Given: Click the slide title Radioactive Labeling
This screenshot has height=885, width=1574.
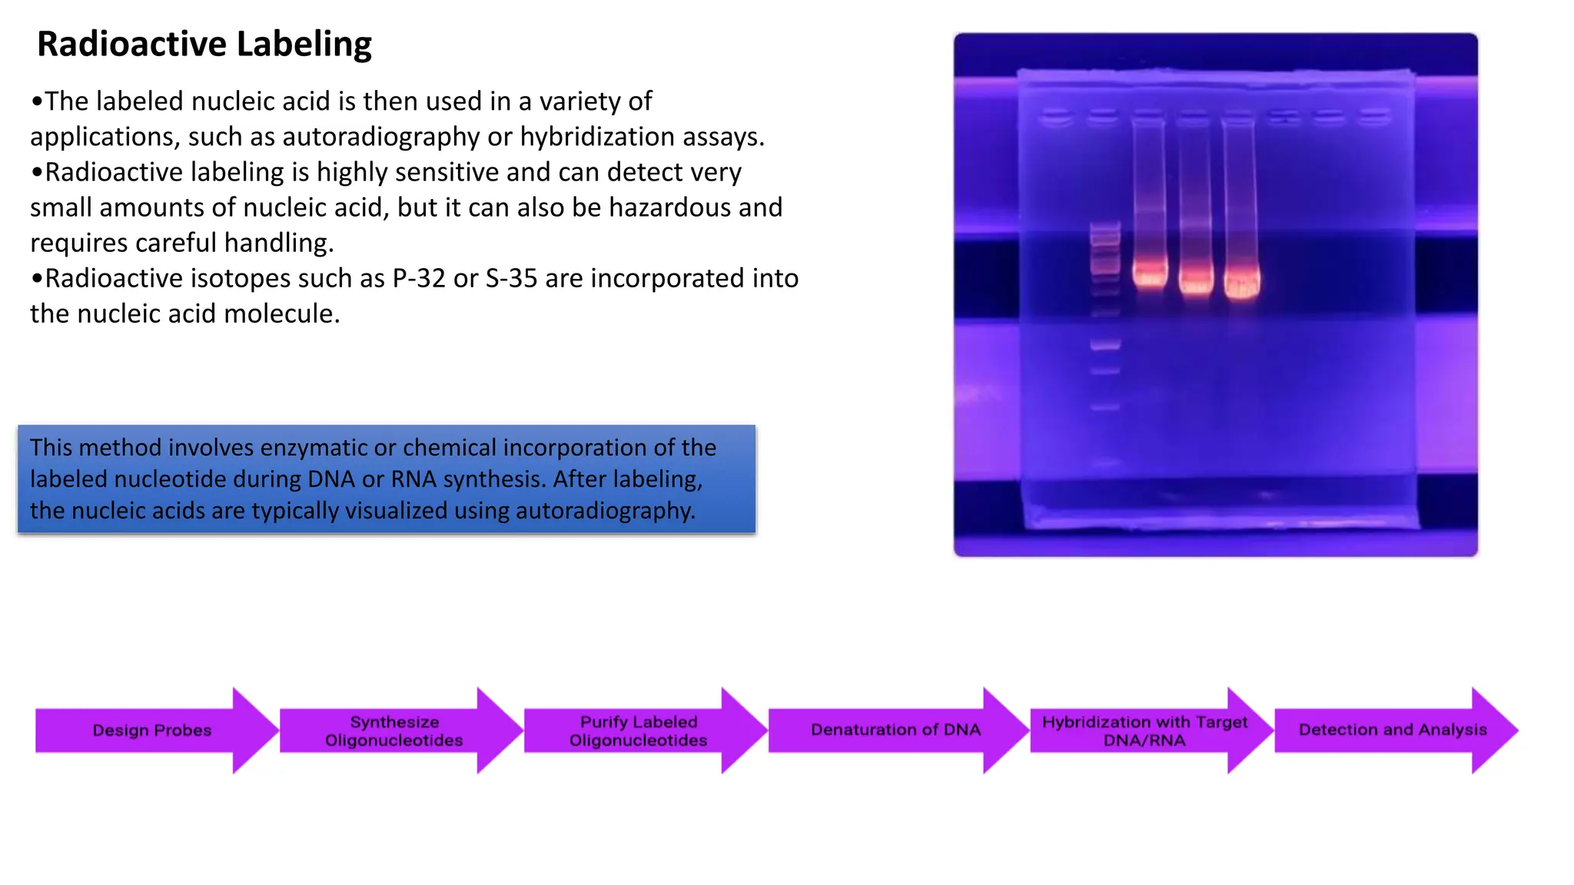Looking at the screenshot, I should pyautogui.click(x=204, y=45).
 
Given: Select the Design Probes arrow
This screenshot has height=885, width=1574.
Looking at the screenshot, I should pyautogui.click(x=152, y=731).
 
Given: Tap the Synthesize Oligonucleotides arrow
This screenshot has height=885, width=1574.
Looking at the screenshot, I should pyautogui.click(x=394, y=731).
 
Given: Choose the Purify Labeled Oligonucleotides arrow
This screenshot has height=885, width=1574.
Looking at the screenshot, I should pyautogui.click(x=639, y=731).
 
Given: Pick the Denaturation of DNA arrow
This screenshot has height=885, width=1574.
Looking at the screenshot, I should pyautogui.click(x=895, y=730).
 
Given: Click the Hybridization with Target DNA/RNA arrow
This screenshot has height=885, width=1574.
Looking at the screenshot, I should pyautogui.click(x=1144, y=731).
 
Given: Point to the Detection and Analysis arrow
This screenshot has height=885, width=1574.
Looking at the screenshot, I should pyautogui.click(x=1393, y=730).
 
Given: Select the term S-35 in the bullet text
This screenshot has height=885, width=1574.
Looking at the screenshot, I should pyautogui.click(x=511, y=278).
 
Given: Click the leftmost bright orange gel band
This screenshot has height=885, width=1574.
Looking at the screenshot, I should pyautogui.click(x=1150, y=274).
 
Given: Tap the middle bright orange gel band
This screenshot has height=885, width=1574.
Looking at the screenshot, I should pyautogui.click(x=1196, y=277).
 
